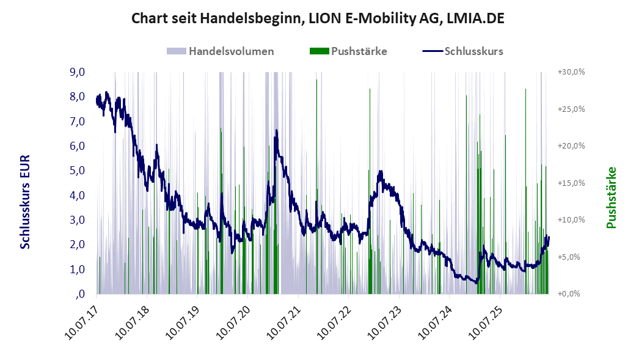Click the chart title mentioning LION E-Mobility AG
[318, 18]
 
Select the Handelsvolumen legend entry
[220, 51]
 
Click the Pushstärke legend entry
[348, 51]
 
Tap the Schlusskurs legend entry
[463, 51]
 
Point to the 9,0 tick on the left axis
[78, 72]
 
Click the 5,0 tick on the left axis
[78, 171]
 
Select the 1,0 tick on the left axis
[78, 269]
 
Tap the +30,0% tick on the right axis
[571, 72]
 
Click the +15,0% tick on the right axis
[571, 183]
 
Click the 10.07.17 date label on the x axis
[82, 323]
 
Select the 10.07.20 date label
[233, 323]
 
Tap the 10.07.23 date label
[385, 323]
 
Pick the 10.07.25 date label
[486, 323]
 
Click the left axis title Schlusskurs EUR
[25, 202]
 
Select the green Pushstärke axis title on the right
[612, 197]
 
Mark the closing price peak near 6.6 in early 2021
[277, 130]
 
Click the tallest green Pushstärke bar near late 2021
[317, 186]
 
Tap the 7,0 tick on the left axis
[78, 122]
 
